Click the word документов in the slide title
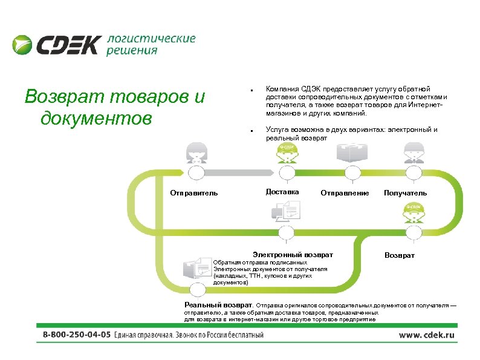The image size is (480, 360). click(96, 117)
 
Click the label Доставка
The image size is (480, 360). click(282, 192)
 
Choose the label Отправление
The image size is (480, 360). click(345, 194)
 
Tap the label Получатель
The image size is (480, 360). click(405, 193)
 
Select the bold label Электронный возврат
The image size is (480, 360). click(293, 255)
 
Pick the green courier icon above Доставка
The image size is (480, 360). click(286, 152)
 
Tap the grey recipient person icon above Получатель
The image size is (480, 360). click(412, 152)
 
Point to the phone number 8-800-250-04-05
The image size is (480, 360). click(76, 335)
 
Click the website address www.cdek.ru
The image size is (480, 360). click(426, 335)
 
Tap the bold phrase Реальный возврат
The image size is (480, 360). click(219, 306)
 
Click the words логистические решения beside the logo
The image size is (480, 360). click(151, 45)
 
